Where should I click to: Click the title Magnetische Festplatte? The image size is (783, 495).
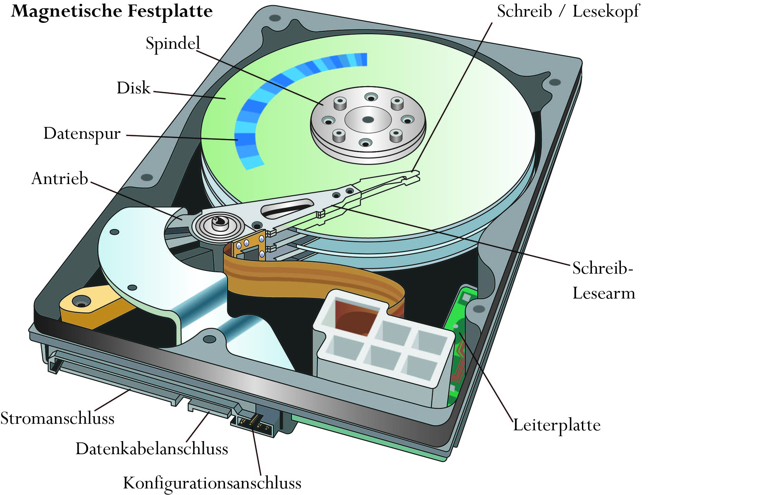point(112,11)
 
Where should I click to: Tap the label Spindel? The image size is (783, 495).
point(173,44)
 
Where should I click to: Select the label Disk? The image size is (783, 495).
point(133,88)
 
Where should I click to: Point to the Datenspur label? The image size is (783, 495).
point(82,134)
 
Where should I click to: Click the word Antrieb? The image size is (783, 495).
point(60,178)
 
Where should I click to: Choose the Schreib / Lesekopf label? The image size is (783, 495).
point(568,11)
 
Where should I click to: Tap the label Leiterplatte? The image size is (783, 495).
point(557,425)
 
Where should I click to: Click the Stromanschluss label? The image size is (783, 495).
point(57,418)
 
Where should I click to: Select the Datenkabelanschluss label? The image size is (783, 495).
point(152,449)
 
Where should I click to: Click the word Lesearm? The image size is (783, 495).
point(604,293)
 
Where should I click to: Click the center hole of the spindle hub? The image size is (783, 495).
point(368,120)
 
